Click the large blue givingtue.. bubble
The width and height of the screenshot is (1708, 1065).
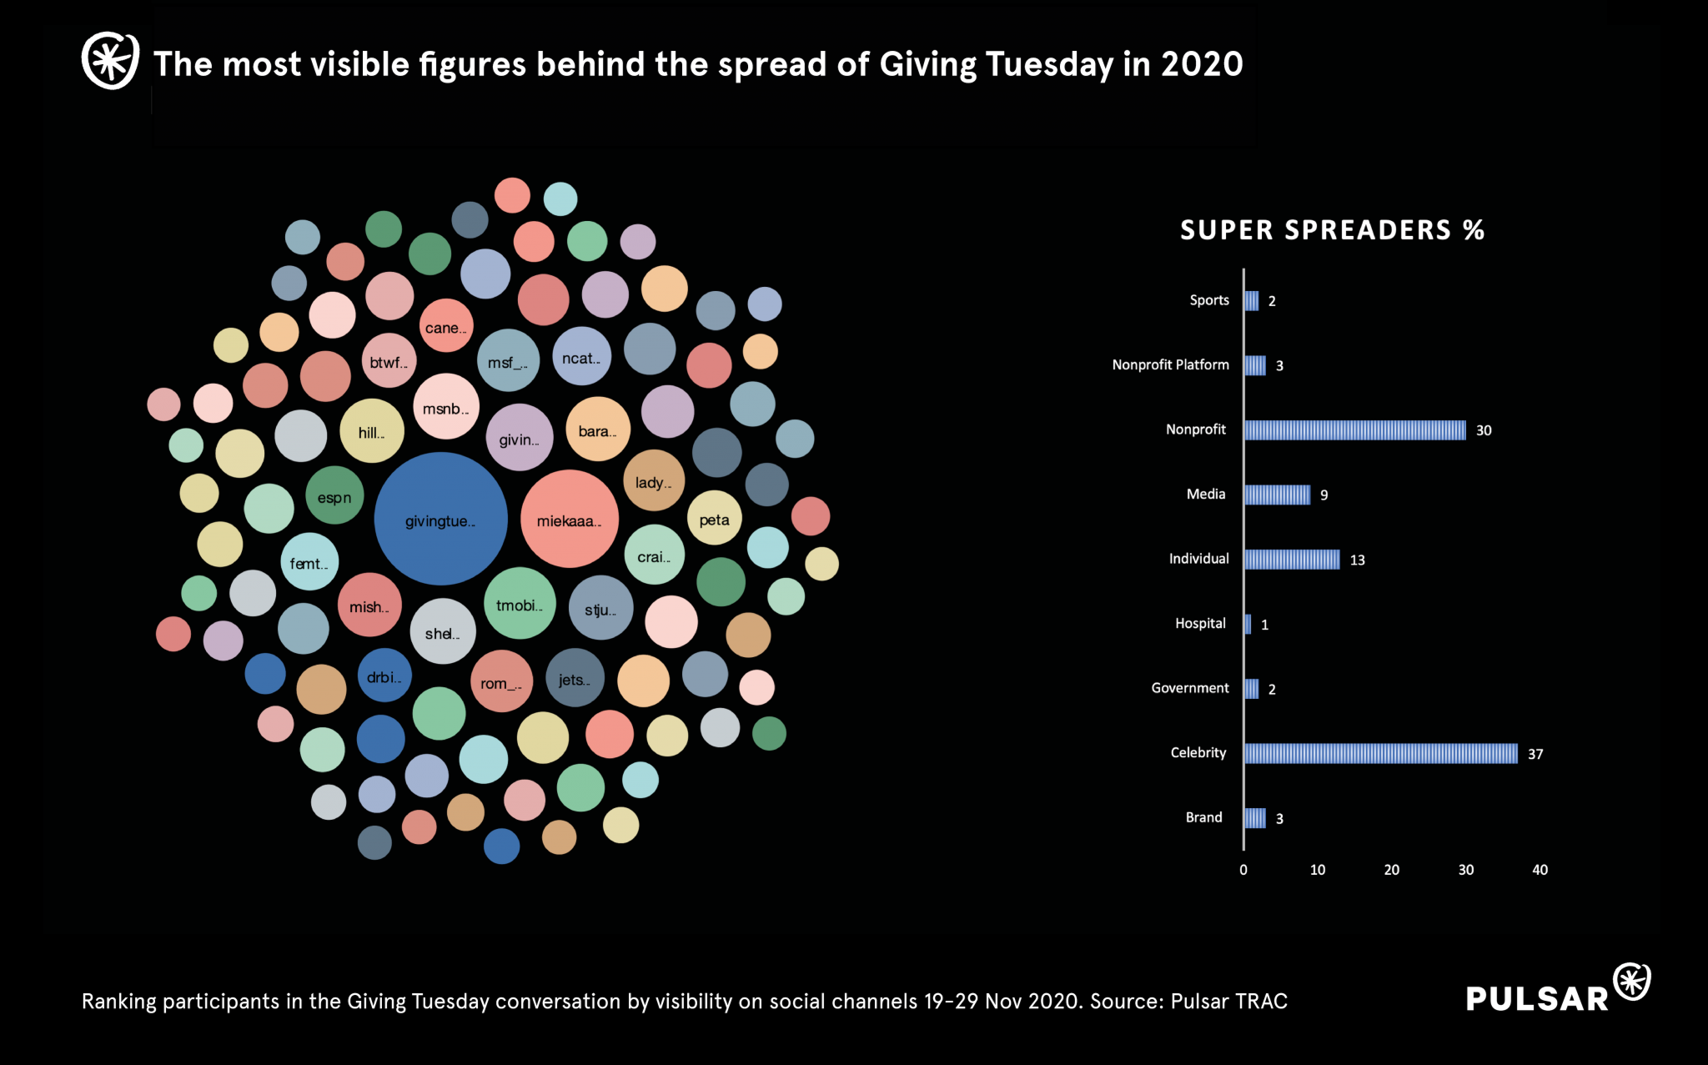pyautogui.click(x=440, y=519)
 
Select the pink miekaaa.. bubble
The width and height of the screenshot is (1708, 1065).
pyautogui.click(x=570, y=519)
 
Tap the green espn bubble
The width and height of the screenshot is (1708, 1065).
pyautogui.click(x=334, y=495)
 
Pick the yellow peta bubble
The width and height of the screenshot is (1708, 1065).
pyautogui.click(x=714, y=518)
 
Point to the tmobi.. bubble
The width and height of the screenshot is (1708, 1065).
pyautogui.click(x=520, y=603)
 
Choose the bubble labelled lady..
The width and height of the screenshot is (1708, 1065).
pyautogui.click(x=654, y=480)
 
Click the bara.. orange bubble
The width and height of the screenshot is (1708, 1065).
pyautogui.click(x=598, y=430)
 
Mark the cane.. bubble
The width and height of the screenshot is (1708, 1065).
pyautogui.click(x=446, y=325)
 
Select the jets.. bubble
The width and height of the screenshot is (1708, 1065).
pyautogui.click(x=575, y=678)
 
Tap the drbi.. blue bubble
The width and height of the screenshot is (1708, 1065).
pyautogui.click(x=384, y=676)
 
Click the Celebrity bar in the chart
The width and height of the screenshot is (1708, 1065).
pyautogui.click(x=1380, y=753)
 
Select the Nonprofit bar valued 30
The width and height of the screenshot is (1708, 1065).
pyautogui.click(x=1354, y=430)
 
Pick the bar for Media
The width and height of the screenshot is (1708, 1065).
pyautogui.click(x=1277, y=495)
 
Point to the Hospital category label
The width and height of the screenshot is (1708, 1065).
pyautogui.click(x=1200, y=623)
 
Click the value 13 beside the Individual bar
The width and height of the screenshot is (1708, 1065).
pyautogui.click(x=1357, y=560)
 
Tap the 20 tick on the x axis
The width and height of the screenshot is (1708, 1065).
pyautogui.click(x=1391, y=870)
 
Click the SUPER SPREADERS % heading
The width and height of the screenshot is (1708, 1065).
pyautogui.click(x=1332, y=230)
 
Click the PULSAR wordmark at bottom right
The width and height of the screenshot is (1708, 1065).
pyautogui.click(x=1537, y=998)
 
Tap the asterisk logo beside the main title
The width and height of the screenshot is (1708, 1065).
pyautogui.click(x=110, y=60)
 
